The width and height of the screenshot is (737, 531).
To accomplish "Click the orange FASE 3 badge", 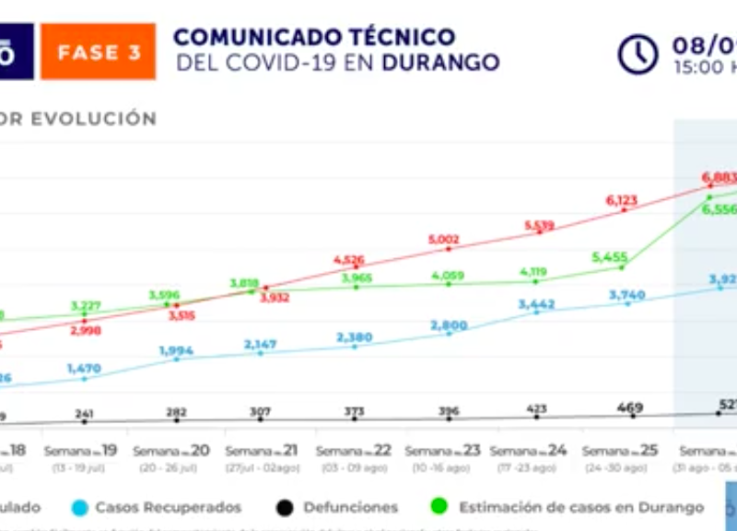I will [x=99, y=52].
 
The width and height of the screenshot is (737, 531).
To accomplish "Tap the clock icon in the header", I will [x=638, y=53].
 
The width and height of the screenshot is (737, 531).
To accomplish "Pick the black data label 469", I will [x=631, y=407].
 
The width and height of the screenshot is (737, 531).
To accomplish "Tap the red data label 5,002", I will [x=443, y=240].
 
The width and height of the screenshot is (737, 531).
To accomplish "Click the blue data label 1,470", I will [x=83, y=368].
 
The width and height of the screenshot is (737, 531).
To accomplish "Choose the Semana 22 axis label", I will [x=354, y=451].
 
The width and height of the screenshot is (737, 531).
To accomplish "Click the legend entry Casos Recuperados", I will [x=168, y=507].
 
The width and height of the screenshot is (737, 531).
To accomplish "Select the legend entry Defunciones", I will [x=350, y=507].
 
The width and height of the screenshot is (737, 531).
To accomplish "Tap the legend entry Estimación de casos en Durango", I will [x=580, y=507].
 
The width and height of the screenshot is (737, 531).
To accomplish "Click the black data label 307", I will [x=261, y=411].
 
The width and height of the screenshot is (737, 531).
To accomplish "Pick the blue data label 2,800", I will [x=449, y=325].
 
